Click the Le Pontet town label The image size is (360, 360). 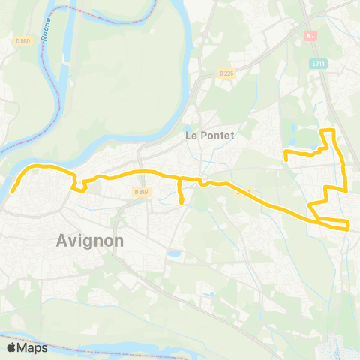[209, 136]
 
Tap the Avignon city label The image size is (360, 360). [89, 241]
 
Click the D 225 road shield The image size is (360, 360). [227, 73]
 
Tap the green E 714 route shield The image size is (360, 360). [318, 64]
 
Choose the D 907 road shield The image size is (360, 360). [142, 192]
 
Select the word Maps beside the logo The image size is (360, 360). [33, 347]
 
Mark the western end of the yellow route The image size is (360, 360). [12, 192]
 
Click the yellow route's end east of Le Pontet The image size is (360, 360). [286, 157]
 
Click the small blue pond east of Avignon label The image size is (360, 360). [174, 254]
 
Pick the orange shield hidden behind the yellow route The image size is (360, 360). [238, 190]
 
